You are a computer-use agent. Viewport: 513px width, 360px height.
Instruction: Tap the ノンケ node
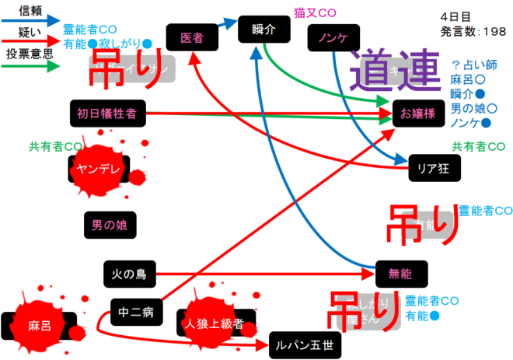(x=332, y=37)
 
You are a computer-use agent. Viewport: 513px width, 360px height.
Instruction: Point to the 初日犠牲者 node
(x=106, y=114)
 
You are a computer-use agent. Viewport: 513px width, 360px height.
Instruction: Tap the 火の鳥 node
(x=129, y=273)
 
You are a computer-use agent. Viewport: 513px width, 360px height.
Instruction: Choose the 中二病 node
(x=137, y=312)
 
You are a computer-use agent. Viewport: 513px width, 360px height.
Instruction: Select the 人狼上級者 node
(x=215, y=323)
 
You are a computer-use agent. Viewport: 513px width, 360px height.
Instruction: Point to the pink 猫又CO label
(x=315, y=13)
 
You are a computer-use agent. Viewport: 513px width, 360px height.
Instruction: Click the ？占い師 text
(x=476, y=66)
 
